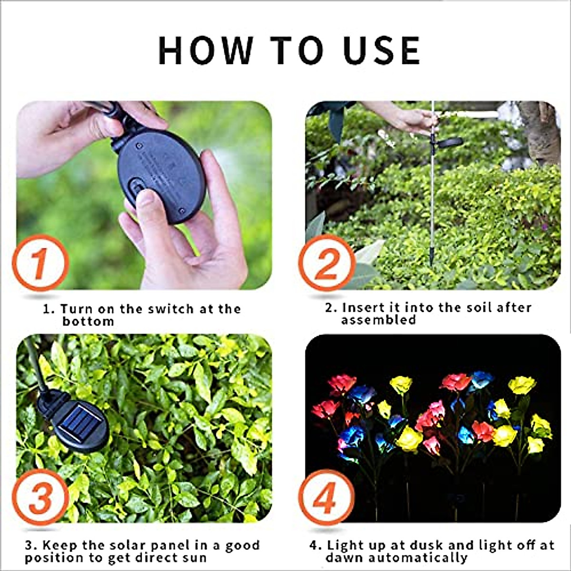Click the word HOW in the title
[x=206, y=50]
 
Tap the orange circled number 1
[x=40, y=263]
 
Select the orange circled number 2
[x=327, y=263]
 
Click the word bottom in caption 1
[x=89, y=321]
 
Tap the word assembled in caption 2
[x=378, y=320]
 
